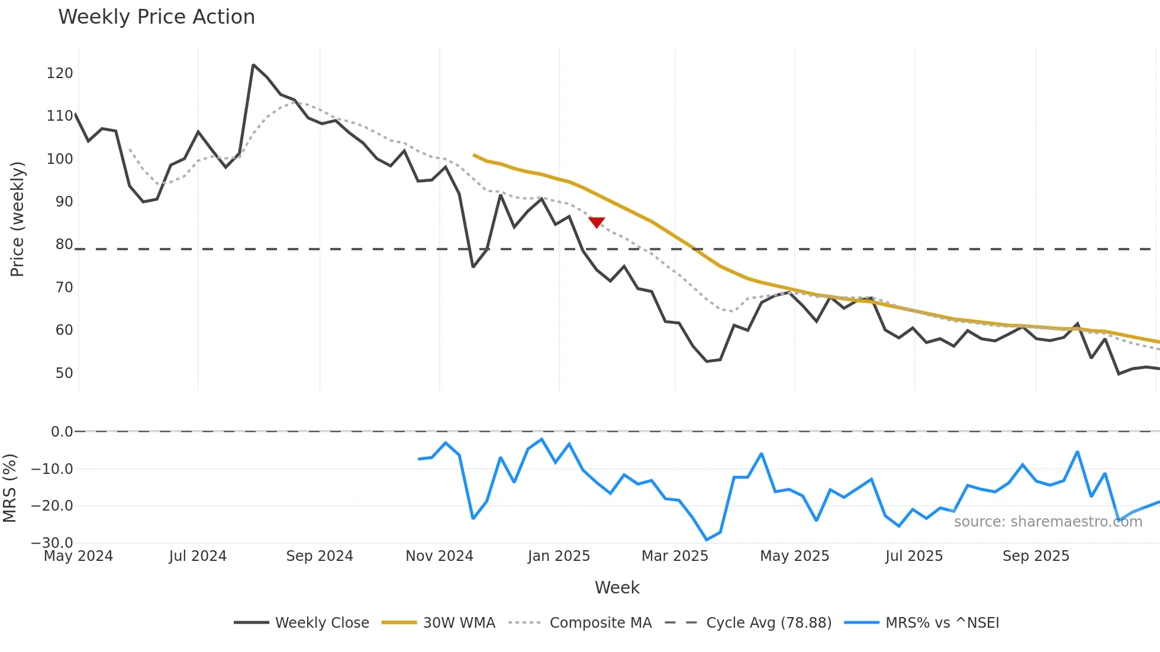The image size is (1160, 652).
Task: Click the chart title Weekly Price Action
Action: coord(156,17)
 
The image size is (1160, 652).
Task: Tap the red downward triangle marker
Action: coord(597,222)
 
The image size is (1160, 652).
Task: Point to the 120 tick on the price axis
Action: coord(60,73)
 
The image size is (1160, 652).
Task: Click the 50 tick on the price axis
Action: coord(64,373)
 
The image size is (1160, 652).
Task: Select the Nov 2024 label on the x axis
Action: coord(439,556)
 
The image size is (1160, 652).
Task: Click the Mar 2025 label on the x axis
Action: coord(675,556)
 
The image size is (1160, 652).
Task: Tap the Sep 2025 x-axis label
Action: coord(1036,556)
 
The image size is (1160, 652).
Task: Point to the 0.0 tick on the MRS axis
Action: coord(62,432)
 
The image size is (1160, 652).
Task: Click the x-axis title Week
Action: coord(617,588)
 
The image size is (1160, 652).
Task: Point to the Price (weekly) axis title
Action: coord(17,219)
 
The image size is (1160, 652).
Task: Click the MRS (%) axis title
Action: coord(9,488)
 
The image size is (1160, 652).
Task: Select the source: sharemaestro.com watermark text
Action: coord(1048,522)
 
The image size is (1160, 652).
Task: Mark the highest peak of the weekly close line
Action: coord(253,65)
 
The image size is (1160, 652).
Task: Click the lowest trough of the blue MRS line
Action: coord(707,540)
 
